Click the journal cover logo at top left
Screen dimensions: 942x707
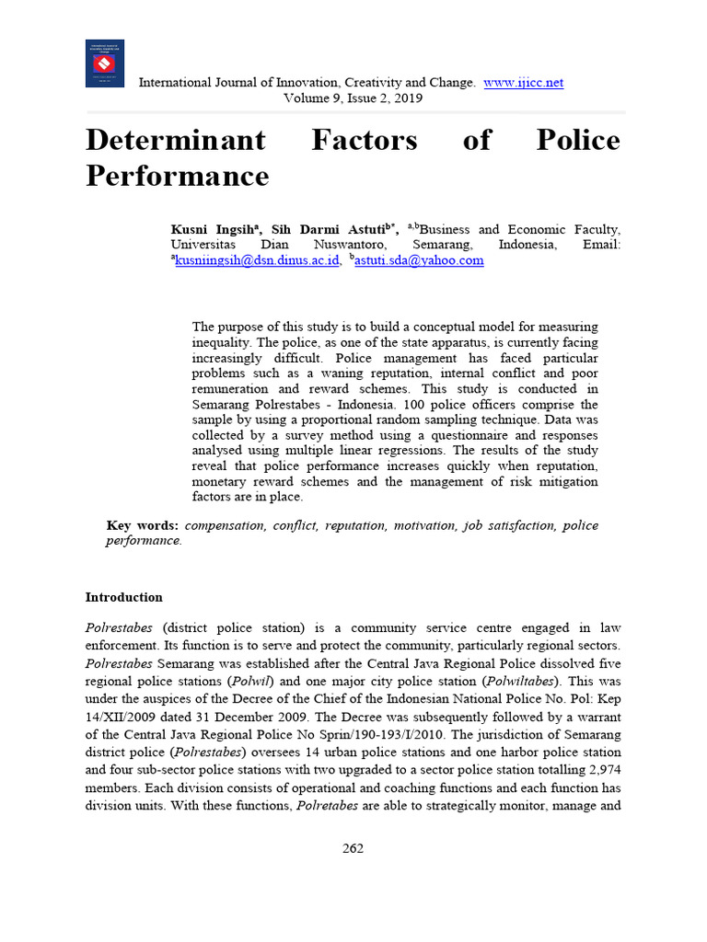[x=104, y=63]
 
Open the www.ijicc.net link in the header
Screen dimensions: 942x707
[x=523, y=83]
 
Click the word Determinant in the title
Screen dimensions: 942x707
[x=176, y=140]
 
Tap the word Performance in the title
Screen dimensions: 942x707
[x=177, y=175]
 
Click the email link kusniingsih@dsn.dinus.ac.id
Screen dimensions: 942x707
[x=257, y=260]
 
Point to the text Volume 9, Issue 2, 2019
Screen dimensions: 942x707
[x=353, y=98]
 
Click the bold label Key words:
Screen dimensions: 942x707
[x=143, y=525]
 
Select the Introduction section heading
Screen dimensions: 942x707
[x=124, y=597]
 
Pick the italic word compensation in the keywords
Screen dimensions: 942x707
[x=226, y=525]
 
